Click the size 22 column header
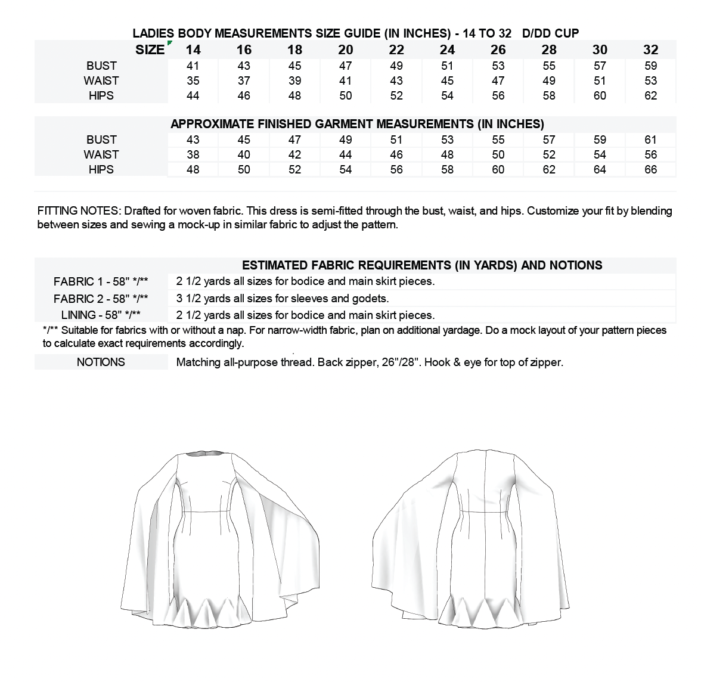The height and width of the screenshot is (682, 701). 396,50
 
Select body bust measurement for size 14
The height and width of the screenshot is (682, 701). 193,66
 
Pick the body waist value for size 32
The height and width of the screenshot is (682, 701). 650,80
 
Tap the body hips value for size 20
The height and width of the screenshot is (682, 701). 346,95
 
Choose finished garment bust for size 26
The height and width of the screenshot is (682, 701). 498,139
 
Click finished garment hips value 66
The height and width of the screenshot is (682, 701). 650,169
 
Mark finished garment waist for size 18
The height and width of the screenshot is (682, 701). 294,154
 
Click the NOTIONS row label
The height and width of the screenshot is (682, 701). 101,362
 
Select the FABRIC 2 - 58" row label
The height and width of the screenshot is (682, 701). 101,299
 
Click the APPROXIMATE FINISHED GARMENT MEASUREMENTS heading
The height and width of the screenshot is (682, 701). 357,124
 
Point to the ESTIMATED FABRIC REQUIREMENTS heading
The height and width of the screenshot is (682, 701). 422,265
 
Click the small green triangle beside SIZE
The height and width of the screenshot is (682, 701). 170,43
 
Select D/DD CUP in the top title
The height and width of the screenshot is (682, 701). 550,33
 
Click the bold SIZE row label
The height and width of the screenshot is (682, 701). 150,50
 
